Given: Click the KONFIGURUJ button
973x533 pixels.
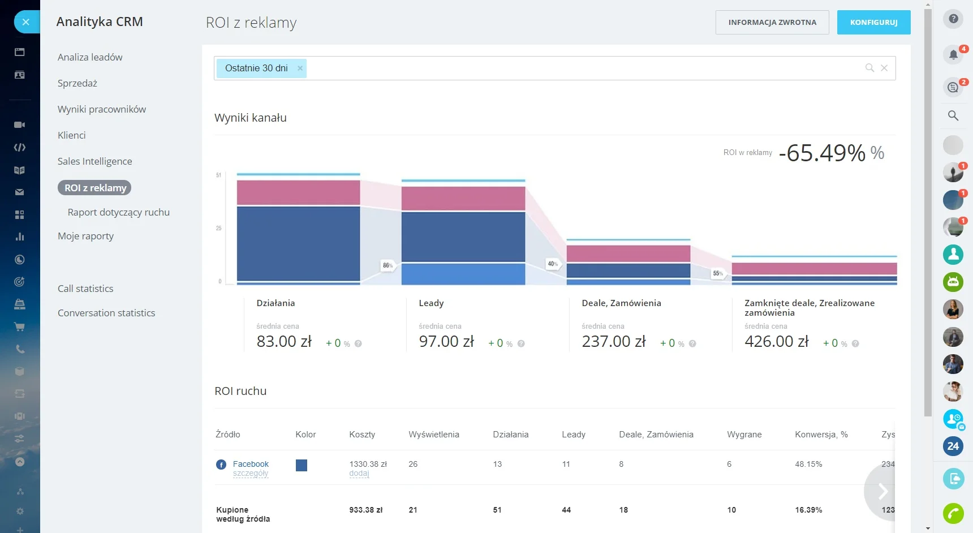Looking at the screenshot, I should click(873, 23).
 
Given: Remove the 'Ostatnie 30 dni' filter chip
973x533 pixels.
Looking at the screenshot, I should click(300, 68).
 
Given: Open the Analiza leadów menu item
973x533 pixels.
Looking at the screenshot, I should click(90, 57).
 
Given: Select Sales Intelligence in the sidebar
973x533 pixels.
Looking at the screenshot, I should click(94, 161).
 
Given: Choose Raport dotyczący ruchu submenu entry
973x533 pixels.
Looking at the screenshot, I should click(118, 212).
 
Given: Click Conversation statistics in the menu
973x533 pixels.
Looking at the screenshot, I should click(106, 313).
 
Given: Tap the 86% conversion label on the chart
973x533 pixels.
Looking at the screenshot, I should click(388, 265).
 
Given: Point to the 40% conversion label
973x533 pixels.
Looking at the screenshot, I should click(553, 264).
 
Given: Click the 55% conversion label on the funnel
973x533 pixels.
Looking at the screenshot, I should click(718, 273).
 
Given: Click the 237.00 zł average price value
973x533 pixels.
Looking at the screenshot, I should click(614, 342).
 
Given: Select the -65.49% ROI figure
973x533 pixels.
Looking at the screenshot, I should click(822, 153).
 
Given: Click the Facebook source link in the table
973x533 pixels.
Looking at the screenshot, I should click(251, 464).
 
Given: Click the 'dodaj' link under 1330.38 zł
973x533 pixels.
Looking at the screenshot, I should click(359, 474).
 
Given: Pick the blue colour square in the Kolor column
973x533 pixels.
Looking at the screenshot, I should click(302, 465).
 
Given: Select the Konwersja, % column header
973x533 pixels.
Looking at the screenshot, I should click(821, 435).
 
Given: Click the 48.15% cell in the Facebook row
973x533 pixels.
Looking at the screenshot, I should click(808, 464).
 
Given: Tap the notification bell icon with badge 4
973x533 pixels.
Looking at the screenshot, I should click(953, 54).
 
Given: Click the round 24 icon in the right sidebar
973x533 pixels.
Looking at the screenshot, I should click(953, 446).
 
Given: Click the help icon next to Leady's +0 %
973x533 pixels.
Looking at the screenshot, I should click(521, 343).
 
